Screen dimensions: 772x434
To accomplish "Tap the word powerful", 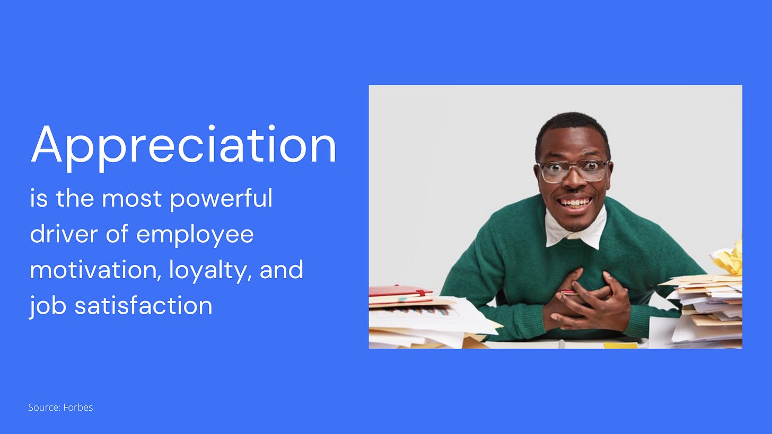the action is point(221,200).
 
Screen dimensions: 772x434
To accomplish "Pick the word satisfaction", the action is point(143,305).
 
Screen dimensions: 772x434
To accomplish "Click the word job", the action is point(48,306).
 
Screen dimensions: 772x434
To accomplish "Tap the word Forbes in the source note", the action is point(78,408).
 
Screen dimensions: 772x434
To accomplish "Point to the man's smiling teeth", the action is point(575,202).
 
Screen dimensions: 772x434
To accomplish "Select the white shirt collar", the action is point(576,229).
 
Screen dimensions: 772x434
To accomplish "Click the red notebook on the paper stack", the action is point(400,291).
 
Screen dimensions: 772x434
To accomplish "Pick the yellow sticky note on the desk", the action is point(620,345).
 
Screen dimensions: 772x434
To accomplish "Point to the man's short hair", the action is point(573,132).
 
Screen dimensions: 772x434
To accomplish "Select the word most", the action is point(131,200).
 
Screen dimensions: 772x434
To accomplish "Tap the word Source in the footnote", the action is point(45,408).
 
